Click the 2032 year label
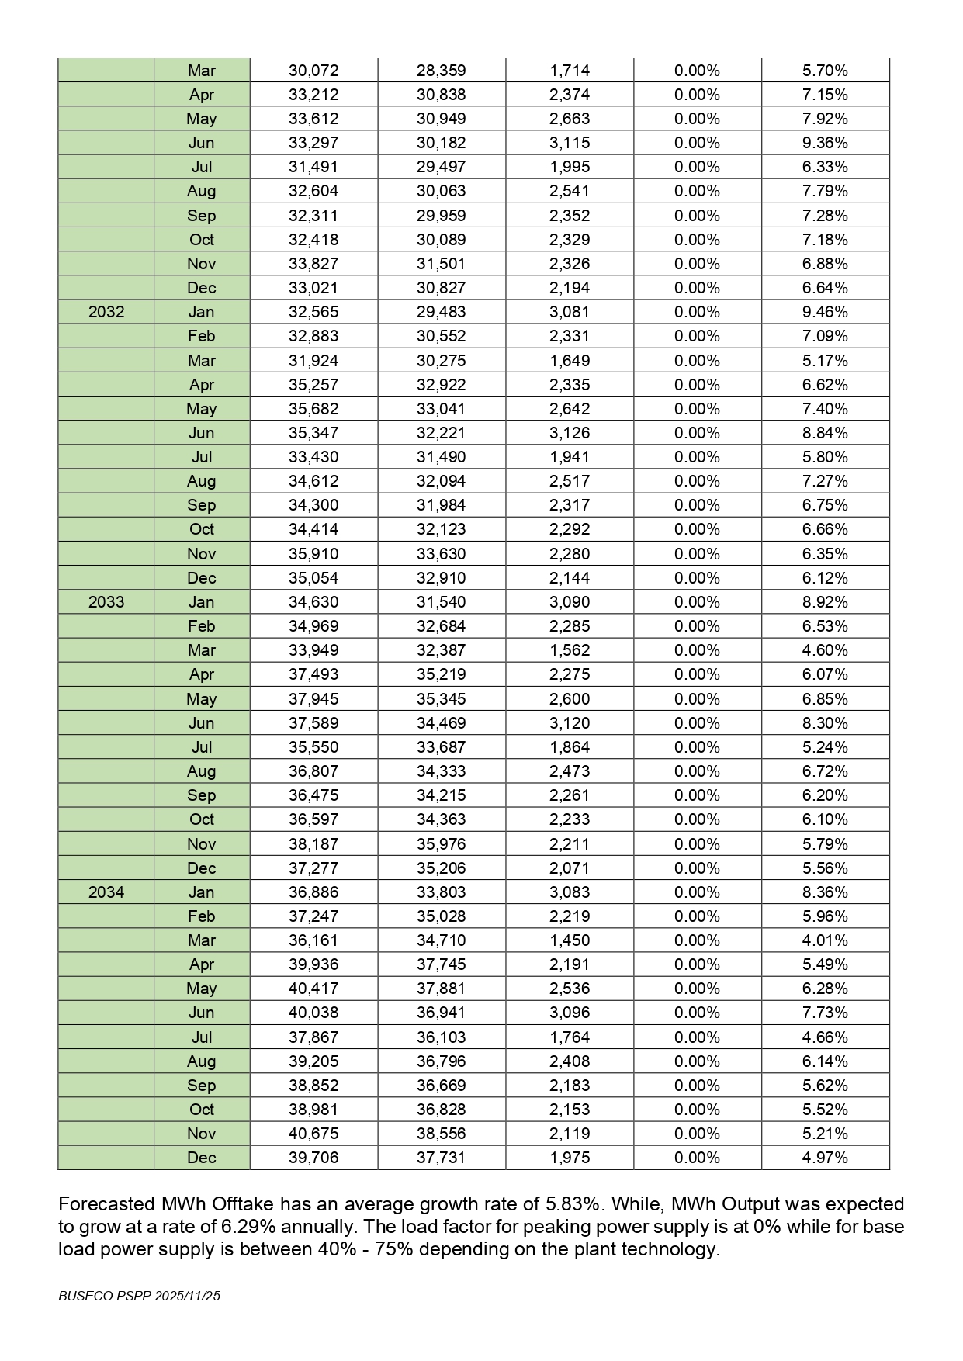tap(106, 312)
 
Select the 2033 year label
tap(106, 602)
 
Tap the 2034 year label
tap(106, 892)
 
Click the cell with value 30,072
tap(313, 71)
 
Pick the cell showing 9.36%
tap(825, 143)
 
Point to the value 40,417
tap(313, 989)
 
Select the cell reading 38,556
tap(441, 1134)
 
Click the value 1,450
tap(570, 940)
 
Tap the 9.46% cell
tap(825, 312)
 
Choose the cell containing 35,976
tap(441, 844)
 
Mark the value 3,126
tap(570, 433)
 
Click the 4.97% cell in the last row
tap(825, 1158)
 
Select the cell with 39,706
tap(313, 1158)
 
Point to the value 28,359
tap(441, 71)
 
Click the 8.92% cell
tap(825, 602)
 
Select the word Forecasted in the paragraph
tap(106, 1204)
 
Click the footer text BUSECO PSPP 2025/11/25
tap(140, 1296)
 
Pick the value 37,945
tap(313, 699)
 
